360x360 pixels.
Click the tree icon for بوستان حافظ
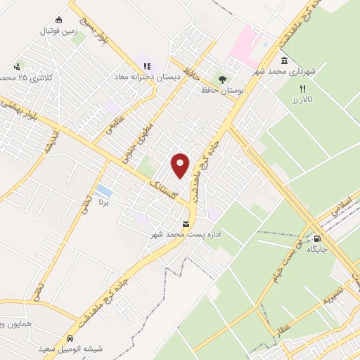[223, 79]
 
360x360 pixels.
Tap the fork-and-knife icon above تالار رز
[303, 89]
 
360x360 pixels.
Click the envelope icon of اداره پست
[186, 224]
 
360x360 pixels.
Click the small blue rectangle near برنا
[103, 190]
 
